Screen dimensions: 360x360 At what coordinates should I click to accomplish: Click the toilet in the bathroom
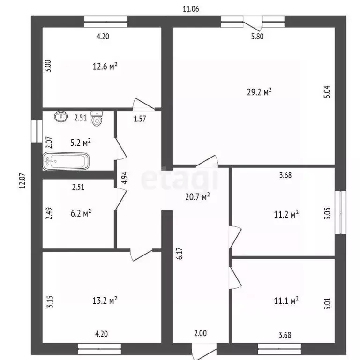click(97, 119)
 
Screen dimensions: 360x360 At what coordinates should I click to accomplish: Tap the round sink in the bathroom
click(61, 116)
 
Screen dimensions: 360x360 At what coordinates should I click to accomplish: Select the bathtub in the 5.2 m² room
click(66, 161)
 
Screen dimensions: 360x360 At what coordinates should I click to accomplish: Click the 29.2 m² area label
click(259, 92)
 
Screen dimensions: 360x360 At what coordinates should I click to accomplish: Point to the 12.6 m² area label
click(105, 67)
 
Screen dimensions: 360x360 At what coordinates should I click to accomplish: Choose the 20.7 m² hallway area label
click(197, 197)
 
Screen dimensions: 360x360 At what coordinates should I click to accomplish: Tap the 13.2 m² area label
click(105, 300)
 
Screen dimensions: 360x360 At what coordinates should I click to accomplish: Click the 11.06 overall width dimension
click(191, 9)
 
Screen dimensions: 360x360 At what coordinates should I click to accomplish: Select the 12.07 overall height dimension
click(22, 180)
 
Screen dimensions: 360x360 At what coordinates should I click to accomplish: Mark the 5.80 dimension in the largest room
click(257, 37)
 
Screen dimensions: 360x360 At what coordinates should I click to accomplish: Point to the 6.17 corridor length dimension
click(180, 254)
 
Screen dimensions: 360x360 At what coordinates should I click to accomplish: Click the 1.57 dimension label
click(140, 119)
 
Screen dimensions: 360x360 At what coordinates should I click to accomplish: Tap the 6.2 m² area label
click(81, 213)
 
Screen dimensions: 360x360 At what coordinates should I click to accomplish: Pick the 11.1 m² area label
click(286, 300)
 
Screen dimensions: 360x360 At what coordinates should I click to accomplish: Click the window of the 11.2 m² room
click(340, 213)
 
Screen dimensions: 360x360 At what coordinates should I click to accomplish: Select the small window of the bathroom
click(37, 131)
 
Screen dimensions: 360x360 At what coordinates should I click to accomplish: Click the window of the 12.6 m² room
click(106, 22)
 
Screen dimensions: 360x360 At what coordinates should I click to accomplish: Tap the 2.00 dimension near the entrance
click(201, 333)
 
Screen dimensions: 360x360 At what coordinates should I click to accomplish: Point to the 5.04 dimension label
click(327, 91)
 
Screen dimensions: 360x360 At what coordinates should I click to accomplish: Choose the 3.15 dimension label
click(50, 301)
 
